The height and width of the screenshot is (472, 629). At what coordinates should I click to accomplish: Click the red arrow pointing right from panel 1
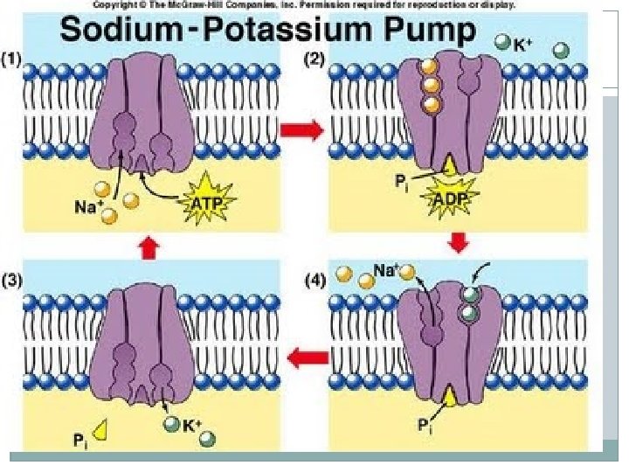pyautogui.click(x=299, y=132)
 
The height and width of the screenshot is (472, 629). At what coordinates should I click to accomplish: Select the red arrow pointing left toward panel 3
pyautogui.click(x=308, y=355)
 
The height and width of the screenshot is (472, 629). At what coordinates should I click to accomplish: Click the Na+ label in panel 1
pyautogui.click(x=85, y=208)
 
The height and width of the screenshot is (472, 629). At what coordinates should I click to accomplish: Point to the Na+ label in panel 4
pyautogui.click(x=386, y=271)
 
